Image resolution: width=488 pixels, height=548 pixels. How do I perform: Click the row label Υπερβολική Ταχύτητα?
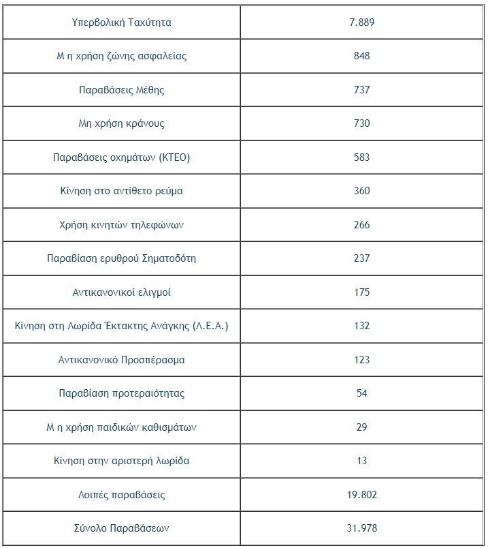(x=121, y=22)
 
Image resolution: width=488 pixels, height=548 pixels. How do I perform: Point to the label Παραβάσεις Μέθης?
(x=121, y=90)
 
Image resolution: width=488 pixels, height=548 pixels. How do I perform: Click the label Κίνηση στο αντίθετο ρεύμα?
(x=121, y=191)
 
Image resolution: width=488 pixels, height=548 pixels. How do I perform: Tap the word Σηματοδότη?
(x=169, y=258)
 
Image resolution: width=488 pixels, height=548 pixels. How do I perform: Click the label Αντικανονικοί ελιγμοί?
(x=121, y=292)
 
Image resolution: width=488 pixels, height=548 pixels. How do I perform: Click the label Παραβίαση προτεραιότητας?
(x=121, y=393)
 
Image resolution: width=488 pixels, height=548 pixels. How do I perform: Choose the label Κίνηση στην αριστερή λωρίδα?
(x=121, y=461)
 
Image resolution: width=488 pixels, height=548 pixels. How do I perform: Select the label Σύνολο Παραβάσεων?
(x=121, y=528)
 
